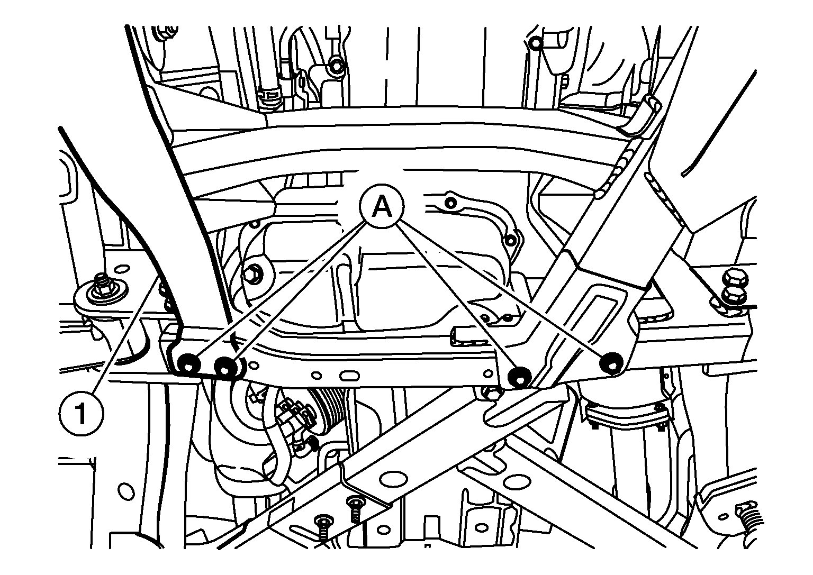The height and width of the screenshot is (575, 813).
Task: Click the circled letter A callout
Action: tap(382, 206)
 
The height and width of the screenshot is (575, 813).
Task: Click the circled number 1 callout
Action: tap(81, 413)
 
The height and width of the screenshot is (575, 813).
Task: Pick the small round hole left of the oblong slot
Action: tap(317, 375)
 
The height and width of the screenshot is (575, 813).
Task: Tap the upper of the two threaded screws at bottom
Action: tap(354, 510)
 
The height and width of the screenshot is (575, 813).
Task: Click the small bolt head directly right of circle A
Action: tap(450, 203)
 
